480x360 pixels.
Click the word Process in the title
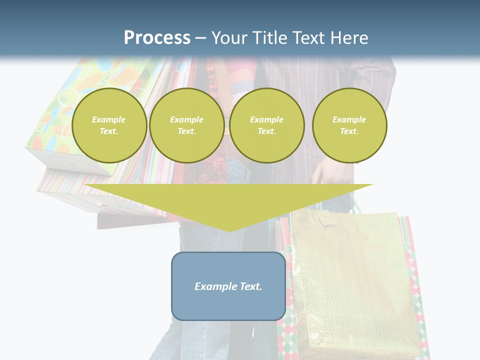[157, 38]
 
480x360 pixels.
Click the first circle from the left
[109, 125]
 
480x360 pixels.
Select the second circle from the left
[186, 125]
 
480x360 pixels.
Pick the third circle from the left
[267, 125]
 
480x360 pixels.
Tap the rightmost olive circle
[349, 125]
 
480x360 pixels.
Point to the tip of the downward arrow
[229, 230]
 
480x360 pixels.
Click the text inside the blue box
[228, 286]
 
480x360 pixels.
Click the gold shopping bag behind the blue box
[350, 280]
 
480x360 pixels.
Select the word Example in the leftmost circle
[109, 119]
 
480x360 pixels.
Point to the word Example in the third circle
[266, 119]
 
